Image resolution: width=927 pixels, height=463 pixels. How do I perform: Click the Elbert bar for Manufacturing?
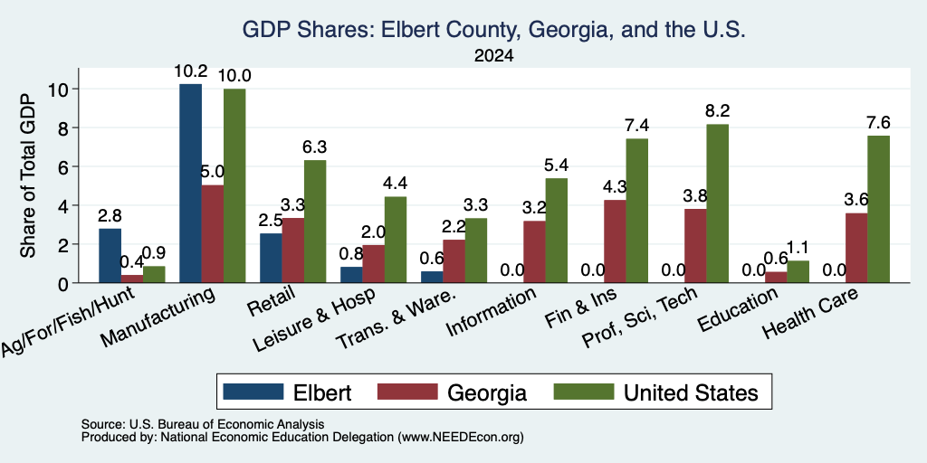[x=190, y=183]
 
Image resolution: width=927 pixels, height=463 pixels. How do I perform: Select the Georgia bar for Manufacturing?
[x=213, y=234]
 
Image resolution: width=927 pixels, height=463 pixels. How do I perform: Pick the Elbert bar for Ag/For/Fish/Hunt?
[x=110, y=256]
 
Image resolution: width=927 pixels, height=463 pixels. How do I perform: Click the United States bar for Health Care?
[x=878, y=209]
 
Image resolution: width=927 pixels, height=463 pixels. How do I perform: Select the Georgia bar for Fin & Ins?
[x=615, y=241]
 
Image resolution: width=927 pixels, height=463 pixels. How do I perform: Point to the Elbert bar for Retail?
[x=271, y=258]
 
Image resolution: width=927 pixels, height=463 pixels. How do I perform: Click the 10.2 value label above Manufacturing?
[x=190, y=71]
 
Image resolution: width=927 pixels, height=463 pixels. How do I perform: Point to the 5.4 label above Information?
[x=557, y=165]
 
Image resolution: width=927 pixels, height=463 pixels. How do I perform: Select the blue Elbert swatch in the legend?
[x=253, y=392]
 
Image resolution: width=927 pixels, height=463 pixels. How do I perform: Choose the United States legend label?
[x=691, y=392]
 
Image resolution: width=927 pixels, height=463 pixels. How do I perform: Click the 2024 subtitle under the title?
[x=493, y=56]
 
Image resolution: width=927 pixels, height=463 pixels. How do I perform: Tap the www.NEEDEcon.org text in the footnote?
[x=461, y=438]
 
